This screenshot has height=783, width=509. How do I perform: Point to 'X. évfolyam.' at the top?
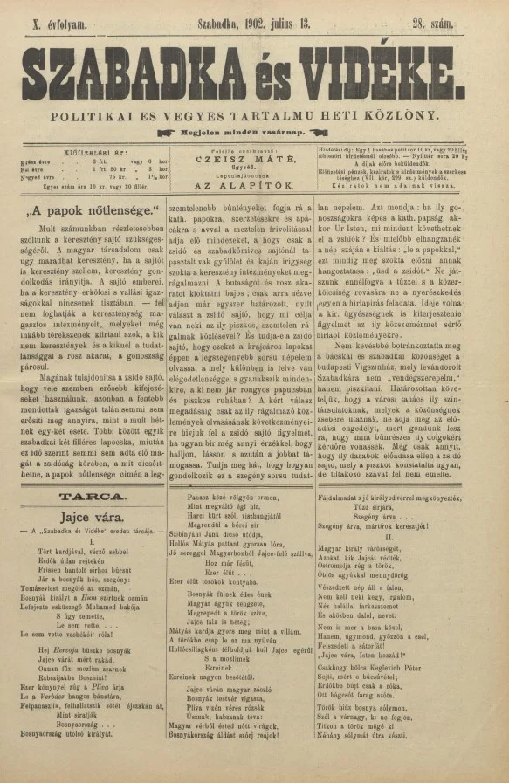tap(58, 25)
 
